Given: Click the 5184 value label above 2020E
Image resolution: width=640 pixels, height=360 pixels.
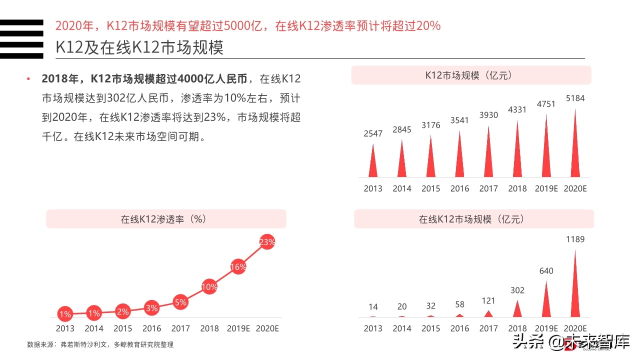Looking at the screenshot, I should (x=574, y=98).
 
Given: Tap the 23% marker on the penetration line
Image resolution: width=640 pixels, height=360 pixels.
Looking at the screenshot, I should (x=267, y=242).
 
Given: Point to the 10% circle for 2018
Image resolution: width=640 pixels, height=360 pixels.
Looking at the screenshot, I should (x=209, y=287).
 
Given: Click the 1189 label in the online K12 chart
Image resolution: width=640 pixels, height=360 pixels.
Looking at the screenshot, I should (x=574, y=239).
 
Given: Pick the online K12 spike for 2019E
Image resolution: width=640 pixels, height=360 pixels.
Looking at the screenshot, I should (x=546, y=302).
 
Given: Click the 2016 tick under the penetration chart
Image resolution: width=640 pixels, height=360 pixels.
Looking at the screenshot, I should (x=151, y=328).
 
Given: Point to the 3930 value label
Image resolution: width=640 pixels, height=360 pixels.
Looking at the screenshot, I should (x=488, y=115).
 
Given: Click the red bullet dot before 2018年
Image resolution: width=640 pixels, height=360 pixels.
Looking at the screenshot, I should (x=28, y=79).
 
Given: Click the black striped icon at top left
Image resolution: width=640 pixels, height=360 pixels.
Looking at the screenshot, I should (x=21, y=39).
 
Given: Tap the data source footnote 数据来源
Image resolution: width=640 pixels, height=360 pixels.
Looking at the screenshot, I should (x=100, y=344).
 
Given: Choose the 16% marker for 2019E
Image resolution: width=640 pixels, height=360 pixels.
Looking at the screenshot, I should (x=238, y=267).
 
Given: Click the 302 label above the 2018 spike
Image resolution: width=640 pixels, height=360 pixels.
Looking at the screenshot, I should (x=517, y=290).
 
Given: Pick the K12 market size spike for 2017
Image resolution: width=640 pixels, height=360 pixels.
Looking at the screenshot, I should (x=488, y=155).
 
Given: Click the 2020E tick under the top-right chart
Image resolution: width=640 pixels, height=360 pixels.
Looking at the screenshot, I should (x=575, y=188).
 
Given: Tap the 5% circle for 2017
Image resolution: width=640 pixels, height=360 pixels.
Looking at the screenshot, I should (x=180, y=302).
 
